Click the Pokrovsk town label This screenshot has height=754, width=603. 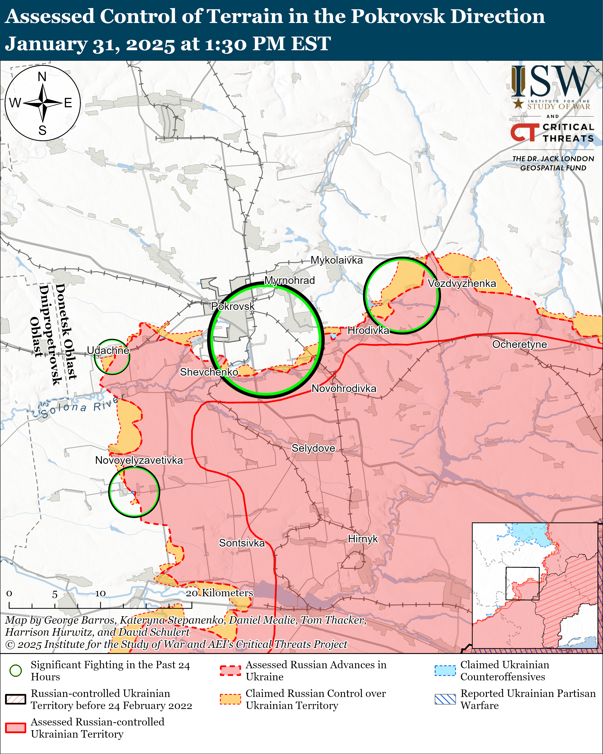tap(233, 306)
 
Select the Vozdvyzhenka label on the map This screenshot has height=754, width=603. tap(462, 283)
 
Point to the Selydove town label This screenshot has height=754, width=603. tap(313, 448)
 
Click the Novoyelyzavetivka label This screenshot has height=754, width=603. tap(139, 460)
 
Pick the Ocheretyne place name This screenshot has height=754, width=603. tap(519, 345)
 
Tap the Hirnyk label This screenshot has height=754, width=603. tap(363, 539)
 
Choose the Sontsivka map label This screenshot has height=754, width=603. tap(242, 543)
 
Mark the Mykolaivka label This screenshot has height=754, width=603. tap(337, 260)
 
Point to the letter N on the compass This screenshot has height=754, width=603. tap(42, 77)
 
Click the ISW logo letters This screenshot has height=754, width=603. tap(552, 82)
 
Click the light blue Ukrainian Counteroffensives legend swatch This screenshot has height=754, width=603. tap(445, 670)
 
